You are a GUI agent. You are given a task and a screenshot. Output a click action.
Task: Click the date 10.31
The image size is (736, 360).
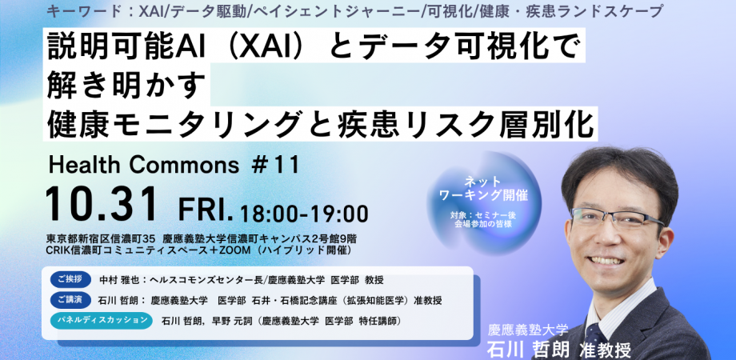tap(102, 205)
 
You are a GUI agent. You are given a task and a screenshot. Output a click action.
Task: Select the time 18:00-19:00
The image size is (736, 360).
tap(304, 214)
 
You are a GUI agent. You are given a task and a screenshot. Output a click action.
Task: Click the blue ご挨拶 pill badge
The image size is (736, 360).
tap(70, 279)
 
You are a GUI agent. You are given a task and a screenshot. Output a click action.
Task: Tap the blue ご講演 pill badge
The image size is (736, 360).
tap(70, 299)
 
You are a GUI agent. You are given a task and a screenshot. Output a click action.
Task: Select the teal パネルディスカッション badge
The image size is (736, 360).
tap(102, 320)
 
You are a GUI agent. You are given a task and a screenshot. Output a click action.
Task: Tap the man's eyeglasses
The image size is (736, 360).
tap(616, 218)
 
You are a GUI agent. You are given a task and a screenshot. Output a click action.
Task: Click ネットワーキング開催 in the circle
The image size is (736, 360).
tap(483, 189)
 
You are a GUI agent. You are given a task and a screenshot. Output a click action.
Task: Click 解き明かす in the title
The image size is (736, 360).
tap(126, 85)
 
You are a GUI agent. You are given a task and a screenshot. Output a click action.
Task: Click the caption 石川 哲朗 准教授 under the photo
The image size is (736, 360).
tap(559, 350)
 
